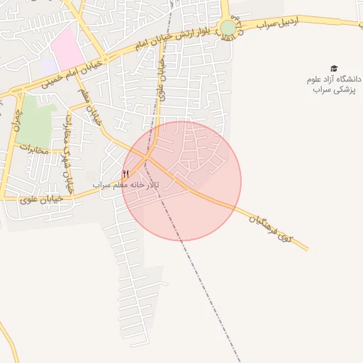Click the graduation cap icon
[x=334, y=69]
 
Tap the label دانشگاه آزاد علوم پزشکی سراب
[x=334, y=84]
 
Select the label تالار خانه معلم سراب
[x=126, y=185]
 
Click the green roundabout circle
[x=228, y=28]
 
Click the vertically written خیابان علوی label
[x=162, y=79]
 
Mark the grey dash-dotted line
[x=206, y=298]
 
